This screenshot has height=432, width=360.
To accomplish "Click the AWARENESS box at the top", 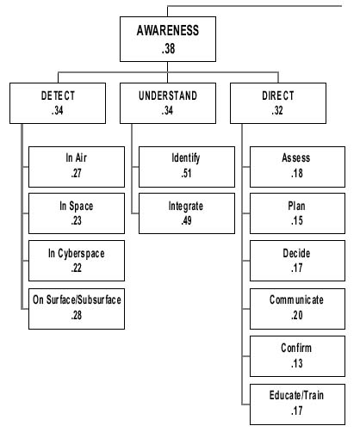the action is coord(168,39).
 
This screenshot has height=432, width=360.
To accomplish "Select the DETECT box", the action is coord(58,103).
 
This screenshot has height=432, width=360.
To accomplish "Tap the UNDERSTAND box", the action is coord(168,103).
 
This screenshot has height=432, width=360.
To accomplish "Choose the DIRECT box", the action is coord(278,103).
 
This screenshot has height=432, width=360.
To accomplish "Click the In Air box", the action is coord(77,167).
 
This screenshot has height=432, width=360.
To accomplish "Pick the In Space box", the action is coord(77,213).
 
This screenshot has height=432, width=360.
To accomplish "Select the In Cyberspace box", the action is coord(77,261).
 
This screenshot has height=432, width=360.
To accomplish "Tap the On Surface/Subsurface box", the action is coord(77,309).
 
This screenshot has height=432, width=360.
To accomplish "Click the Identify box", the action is coord(187,167).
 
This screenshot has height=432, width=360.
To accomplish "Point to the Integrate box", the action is coord(187,213).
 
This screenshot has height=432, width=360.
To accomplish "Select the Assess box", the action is coord(298,167).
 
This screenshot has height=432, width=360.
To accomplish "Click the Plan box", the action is coord(298,213).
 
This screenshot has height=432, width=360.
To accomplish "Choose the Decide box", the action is coord(298,261).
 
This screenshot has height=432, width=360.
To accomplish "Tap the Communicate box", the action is coord(298,309).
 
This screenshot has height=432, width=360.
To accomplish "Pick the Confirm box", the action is coord(298,356).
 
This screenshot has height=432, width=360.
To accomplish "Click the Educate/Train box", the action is coord(298,404).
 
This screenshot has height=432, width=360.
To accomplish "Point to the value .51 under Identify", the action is coord(186,173).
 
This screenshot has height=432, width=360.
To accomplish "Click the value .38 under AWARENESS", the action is coord(168,48).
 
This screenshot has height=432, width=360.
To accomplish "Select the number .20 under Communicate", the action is coord(296,315).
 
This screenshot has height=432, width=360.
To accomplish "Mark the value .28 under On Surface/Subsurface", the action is coord(77,315).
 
